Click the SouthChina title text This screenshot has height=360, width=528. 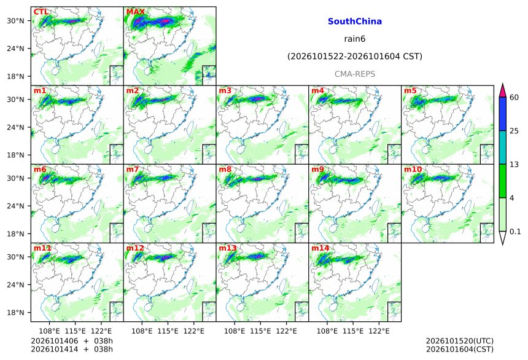[x=355, y=22]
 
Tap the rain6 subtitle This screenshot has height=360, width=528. [x=355, y=39]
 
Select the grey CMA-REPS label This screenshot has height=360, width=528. [x=355, y=74]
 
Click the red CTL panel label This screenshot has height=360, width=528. [x=41, y=12]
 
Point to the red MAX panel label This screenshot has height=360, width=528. [x=135, y=12]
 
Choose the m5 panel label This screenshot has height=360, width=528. [x=410, y=91]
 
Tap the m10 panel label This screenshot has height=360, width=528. [x=413, y=169]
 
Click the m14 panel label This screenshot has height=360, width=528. [x=320, y=248]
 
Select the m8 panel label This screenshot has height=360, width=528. [x=225, y=169]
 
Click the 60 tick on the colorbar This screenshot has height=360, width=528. [x=514, y=98]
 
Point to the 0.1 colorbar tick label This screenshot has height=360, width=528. [x=515, y=232]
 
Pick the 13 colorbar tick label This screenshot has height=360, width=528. [x=514, y=165]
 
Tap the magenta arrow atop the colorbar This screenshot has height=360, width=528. [x=502, y=90]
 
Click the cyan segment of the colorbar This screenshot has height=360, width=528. [x=502, y=147]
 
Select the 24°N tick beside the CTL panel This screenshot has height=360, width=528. [x=15, y=49]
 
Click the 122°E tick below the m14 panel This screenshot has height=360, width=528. [x=379, y=331]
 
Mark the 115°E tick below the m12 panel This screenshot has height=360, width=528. [x=168, y=331]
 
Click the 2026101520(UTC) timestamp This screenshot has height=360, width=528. [x=460, y=342]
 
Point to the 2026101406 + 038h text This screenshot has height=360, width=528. [x=72, y=341]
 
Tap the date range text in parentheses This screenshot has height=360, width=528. [x=355, y=57]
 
